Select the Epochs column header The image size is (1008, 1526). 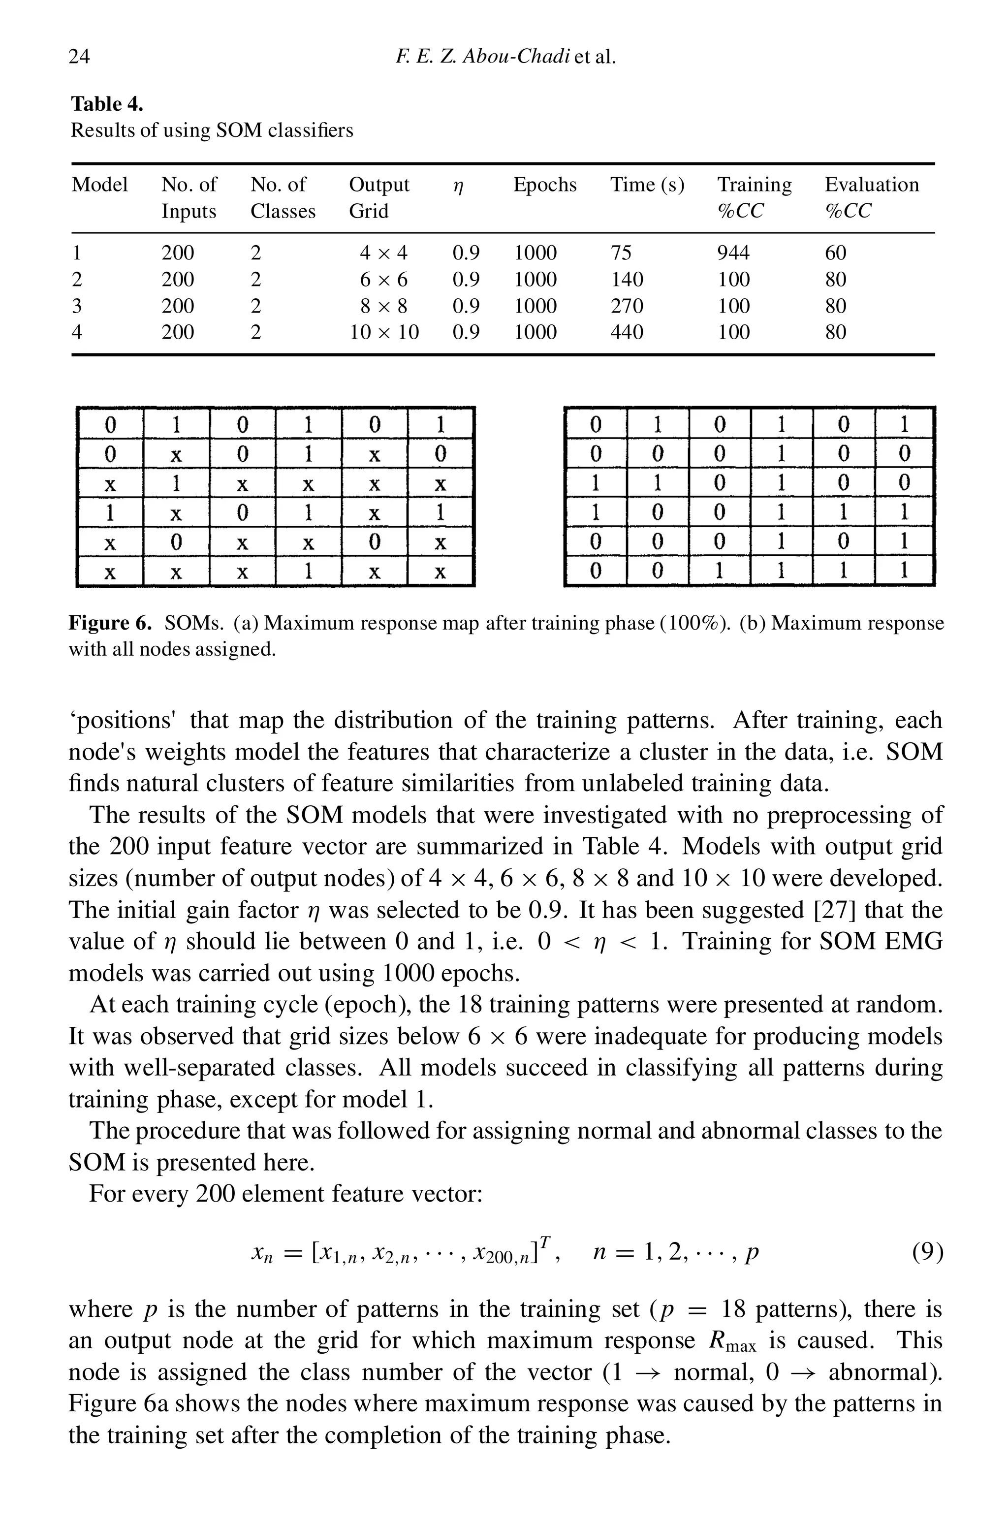(x=544, y=185)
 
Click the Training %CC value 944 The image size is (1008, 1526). (x=733, y=253)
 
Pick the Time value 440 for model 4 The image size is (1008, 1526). (x=626, y=332)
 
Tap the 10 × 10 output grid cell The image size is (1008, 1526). (x=384, y=332)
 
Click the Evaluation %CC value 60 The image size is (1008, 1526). (x=835, y=253)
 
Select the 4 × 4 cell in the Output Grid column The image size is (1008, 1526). (x=384, y=253)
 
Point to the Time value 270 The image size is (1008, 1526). (x=626, y=306)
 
